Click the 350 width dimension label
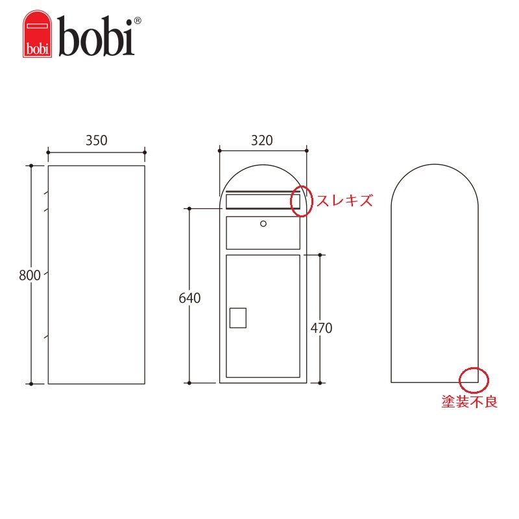coord(96,140)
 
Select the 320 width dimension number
coord(262,140)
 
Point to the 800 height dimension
coord(30,275)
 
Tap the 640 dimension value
coord(189,298)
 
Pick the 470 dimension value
coord(321,328)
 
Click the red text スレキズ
coord(344,200)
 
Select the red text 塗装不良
coord(469,402)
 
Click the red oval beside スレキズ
coord(291,202)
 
